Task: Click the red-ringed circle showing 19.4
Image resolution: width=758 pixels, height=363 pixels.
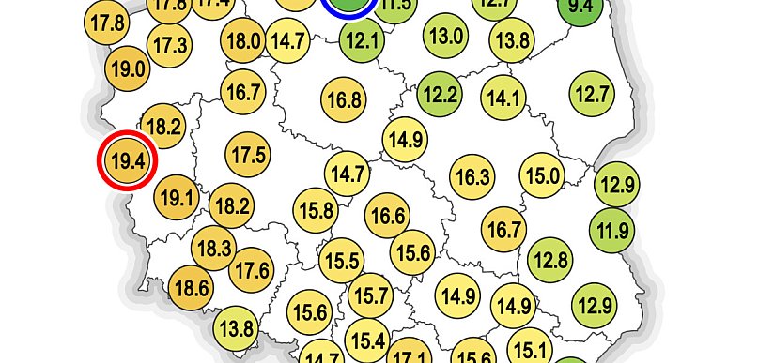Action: point(128,160)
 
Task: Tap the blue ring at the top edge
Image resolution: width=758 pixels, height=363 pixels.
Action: point(348,5)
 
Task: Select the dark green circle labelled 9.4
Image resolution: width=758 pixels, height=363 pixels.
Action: point(580,8)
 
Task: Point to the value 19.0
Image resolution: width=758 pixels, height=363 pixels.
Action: point(128,68)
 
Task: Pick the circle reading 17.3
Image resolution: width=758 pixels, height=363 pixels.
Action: point(171,44)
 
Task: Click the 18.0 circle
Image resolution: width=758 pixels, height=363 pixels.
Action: point(243,40)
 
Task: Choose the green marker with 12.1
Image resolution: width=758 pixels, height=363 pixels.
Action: point(362,40)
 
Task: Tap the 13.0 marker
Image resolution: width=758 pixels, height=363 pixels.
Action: point(445,37)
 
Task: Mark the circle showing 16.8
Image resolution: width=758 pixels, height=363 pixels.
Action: point(344,98)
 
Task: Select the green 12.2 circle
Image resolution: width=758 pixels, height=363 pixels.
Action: point(440,94)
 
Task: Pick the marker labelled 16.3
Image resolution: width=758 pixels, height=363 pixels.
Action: point(472,176)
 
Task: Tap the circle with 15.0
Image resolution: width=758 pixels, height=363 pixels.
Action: point(542,175)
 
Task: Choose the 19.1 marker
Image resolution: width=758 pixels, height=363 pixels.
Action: point(177,198)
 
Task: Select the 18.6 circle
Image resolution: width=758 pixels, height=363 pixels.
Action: point(192,287)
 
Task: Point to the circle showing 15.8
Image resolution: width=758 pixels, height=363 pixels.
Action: point(316,209)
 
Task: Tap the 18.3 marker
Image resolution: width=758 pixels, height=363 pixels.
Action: point(213,249)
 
